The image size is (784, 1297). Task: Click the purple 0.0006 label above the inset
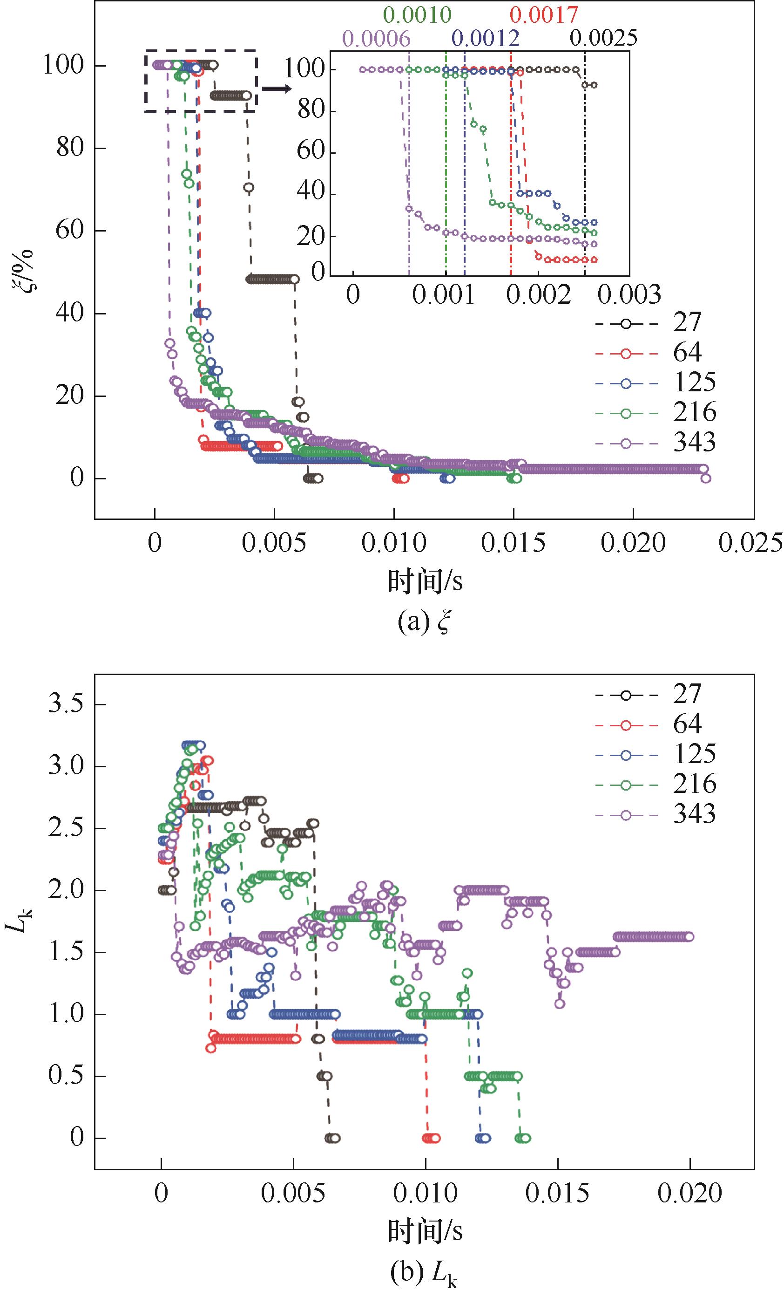tap(376, 38)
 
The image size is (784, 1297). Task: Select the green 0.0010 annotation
tap(417, 15)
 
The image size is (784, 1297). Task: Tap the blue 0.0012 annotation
tap(485, 38)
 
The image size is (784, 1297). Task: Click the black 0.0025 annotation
tap(603, 38)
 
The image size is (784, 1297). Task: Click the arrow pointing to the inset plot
tap(276, 89)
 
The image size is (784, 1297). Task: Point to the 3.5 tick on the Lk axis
tap(66, 705)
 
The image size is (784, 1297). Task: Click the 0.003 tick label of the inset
tap(629, 295)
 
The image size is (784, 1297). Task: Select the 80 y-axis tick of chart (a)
tap(69, 148)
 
